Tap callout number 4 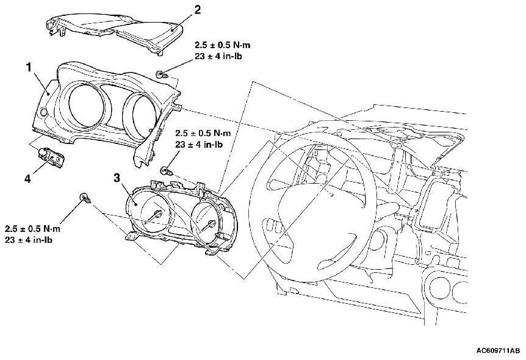coord(27,179)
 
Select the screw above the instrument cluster coord(165,171)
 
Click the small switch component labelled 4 coord(52,157)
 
